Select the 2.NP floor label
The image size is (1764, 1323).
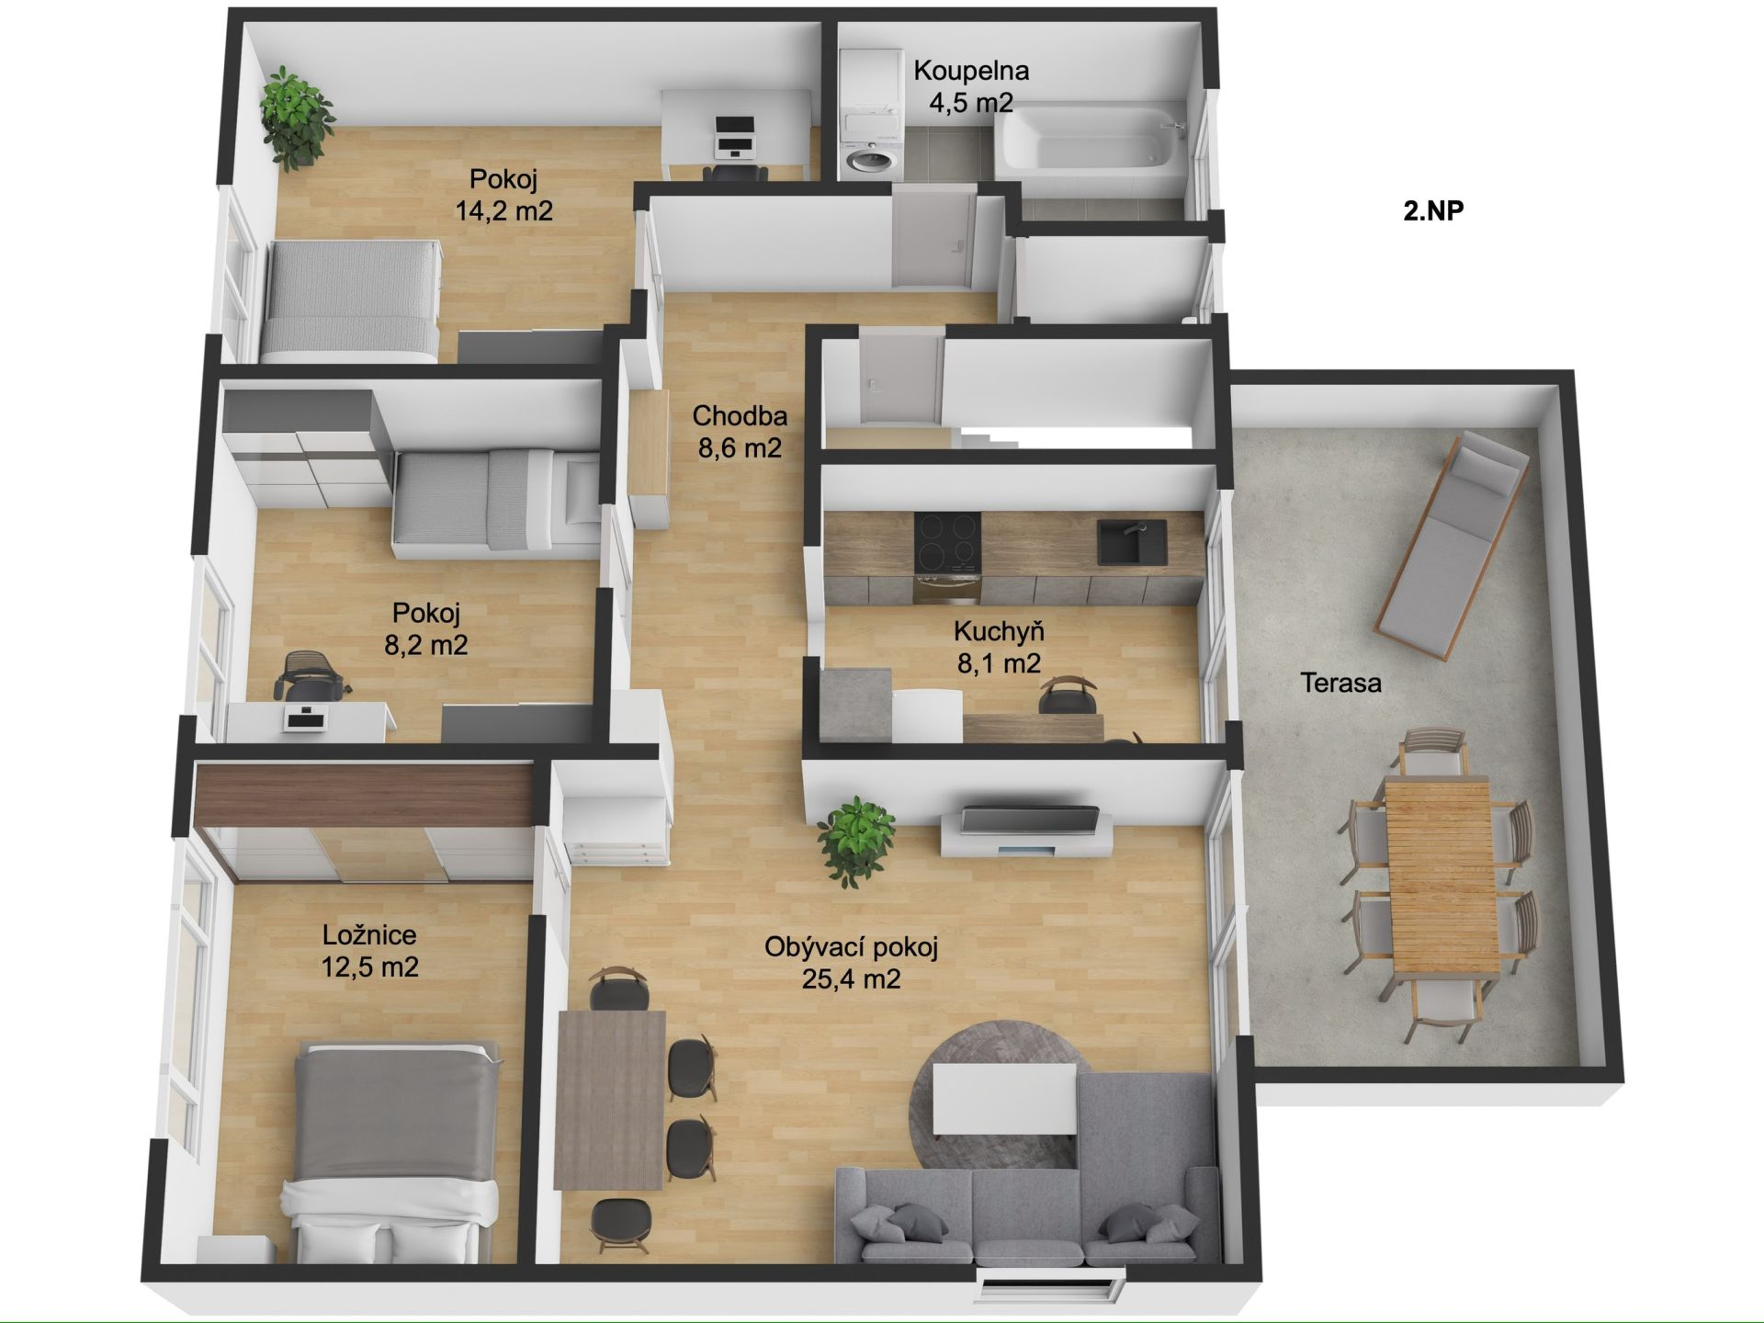coord(1433,210)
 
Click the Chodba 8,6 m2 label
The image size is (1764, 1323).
coord(740,432)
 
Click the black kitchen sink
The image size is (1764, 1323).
coord(1132,543)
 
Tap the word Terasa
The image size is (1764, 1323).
coord(1340,683)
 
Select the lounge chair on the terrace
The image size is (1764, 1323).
coord(1452,546)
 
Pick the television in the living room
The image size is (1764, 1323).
coord(1029,819)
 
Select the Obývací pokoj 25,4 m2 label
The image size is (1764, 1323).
coord(851,963)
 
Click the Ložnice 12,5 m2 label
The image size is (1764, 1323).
coord(369,951)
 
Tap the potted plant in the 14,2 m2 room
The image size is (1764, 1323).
coord(297,118)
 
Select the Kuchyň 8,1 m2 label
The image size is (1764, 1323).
coord(999,647)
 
